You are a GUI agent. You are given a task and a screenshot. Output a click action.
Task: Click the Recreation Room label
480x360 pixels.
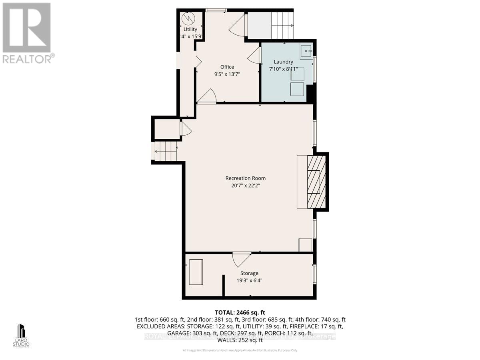pos(245,178)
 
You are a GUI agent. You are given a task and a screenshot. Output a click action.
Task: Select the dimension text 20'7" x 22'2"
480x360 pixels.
pos(245,186)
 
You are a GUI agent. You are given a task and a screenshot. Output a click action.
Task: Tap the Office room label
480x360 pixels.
pos(227,67)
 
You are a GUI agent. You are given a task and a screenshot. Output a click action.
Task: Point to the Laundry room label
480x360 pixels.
pos(283,62)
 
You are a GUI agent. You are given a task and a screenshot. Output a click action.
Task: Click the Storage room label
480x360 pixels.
pos(249,273)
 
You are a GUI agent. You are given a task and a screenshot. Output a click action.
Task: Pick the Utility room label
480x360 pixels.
pos(190,29)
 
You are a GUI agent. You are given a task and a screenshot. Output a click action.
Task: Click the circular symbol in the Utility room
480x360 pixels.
pos(188,18)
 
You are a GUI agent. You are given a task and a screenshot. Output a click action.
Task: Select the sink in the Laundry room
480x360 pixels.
pos(306,52)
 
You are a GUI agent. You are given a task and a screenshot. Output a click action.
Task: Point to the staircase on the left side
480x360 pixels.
pos(166,152)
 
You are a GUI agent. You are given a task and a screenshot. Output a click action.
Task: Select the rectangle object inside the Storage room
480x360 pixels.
pos(196,272)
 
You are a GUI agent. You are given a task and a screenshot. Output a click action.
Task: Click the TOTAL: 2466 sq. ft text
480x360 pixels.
pos(240,312)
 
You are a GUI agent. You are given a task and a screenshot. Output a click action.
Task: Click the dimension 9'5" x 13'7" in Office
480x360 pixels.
pos(227,74)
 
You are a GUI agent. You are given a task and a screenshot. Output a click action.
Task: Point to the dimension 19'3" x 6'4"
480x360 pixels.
pos(249,280)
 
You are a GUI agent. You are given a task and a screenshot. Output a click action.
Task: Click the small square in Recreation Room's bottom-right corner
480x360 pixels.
pos(306,245)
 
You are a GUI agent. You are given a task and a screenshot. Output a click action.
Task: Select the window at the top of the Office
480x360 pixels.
pos(216,10)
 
